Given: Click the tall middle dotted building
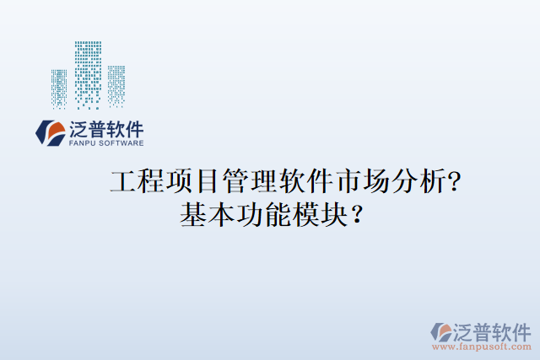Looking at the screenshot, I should [88, 74].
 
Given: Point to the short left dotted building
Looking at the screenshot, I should [59, 88].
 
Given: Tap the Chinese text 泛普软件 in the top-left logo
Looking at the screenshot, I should [106, 130].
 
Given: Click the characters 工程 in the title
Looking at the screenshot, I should [138, 181].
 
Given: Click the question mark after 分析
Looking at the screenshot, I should [455, 181].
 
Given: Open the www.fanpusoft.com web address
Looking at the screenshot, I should [482, 346].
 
